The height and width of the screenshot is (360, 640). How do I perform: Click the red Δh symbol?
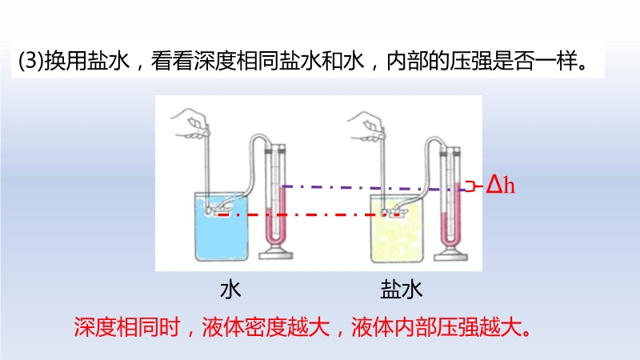point(501,185)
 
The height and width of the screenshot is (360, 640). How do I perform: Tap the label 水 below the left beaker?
point(230,290)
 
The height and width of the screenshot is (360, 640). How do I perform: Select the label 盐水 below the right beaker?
point(402,290)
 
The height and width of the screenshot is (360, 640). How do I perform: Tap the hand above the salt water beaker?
point(366,126)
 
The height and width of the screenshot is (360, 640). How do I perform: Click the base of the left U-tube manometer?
point(276,254)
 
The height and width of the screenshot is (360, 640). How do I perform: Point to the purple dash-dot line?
point(374,188)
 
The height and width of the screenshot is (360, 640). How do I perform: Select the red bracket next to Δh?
point(472,186)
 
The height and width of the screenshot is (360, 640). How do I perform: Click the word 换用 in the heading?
point(66,61)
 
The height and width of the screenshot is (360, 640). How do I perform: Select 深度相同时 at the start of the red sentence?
point(127,327)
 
